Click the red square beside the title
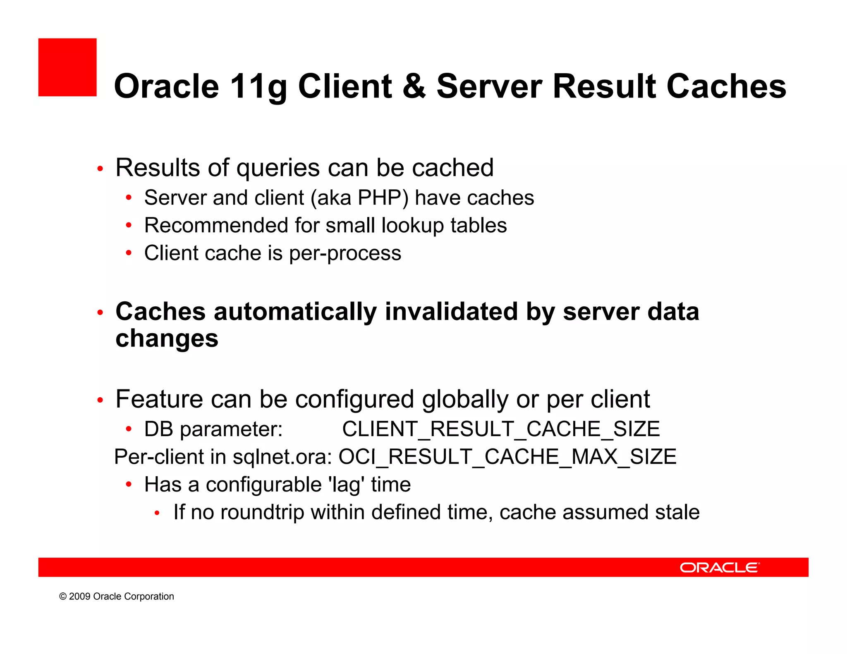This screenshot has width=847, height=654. (67, 67)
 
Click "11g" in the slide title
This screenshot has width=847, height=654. (258, 87)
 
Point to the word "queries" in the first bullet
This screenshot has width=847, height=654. (278, 169)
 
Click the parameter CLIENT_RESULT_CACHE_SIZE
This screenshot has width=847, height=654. (501, 429)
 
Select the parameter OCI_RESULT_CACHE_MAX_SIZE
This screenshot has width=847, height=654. (507, 457)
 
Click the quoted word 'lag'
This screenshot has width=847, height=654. (348, 485)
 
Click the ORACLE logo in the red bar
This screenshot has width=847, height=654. (719, 568)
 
